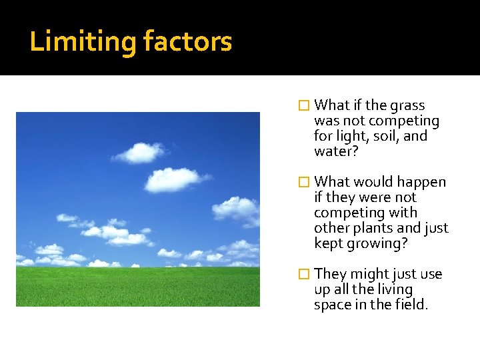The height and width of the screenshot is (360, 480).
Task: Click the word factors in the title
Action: click(187, 41)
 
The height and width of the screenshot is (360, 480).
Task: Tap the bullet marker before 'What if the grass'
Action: click(304, 105)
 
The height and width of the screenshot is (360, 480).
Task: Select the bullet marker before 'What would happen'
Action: click(304, 182)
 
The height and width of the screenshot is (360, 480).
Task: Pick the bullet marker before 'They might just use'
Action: click(304, 274)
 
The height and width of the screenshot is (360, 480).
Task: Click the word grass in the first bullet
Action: click(409, 105)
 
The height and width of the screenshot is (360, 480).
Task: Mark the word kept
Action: click(327, 243)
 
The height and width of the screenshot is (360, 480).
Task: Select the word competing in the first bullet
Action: click(403, 121)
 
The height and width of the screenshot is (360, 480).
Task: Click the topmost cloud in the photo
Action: click(141, 153)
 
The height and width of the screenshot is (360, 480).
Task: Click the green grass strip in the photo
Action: click(138, 287)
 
